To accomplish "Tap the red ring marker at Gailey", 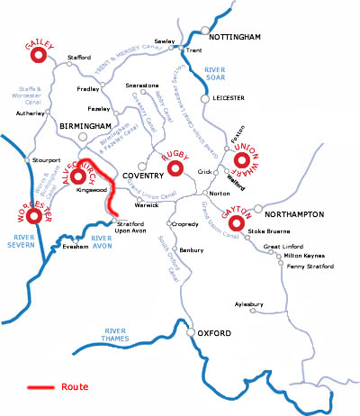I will pos(39,56).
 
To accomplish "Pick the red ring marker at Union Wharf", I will pos(242,162).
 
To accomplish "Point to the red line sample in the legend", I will pos(42,387).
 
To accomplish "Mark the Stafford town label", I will pos(79,58).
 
